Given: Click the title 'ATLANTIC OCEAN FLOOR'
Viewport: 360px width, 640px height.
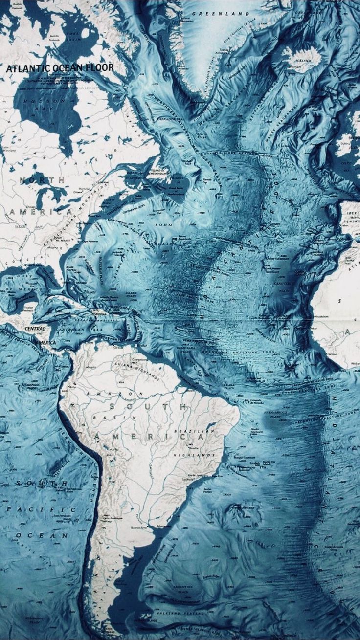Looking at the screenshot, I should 60,67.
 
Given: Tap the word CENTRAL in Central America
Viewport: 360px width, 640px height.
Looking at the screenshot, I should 35,328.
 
